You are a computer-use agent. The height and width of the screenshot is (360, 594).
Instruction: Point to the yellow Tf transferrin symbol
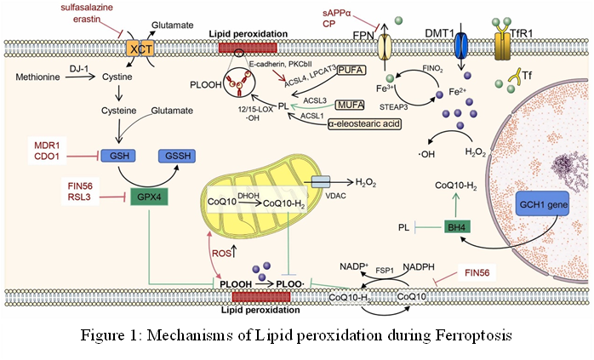click(x=515, y=80)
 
